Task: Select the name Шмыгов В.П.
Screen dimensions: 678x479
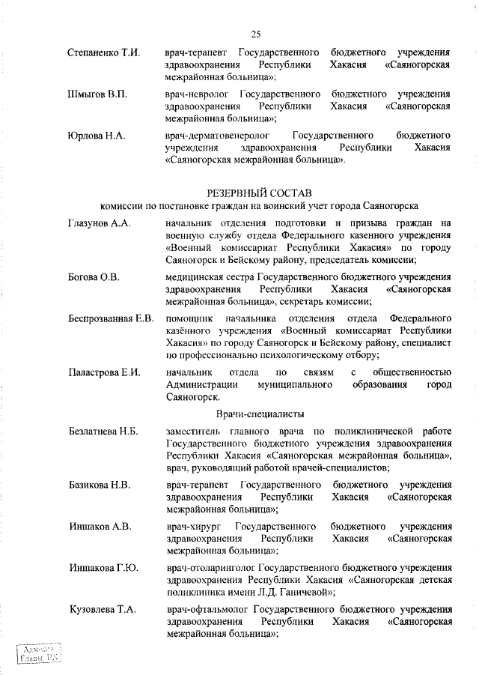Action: click(x=97, y=94)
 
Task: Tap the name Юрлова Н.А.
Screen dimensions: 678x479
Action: click(x=96, y=136)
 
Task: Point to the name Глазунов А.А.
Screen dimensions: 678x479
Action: click(x=98, y=223)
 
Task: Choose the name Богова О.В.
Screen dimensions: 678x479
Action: click(x=94, y=277)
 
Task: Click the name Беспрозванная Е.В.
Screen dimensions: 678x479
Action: click(x=111, y=318)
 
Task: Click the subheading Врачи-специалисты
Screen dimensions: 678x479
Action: click(x=260, y=414)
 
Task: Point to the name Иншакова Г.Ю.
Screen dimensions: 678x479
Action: click(x=103, y=568)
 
